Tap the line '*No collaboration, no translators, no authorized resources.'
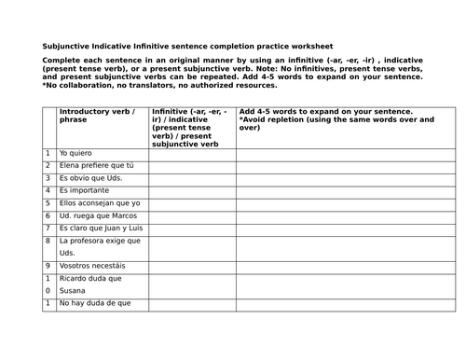click(x=159, y=85)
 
